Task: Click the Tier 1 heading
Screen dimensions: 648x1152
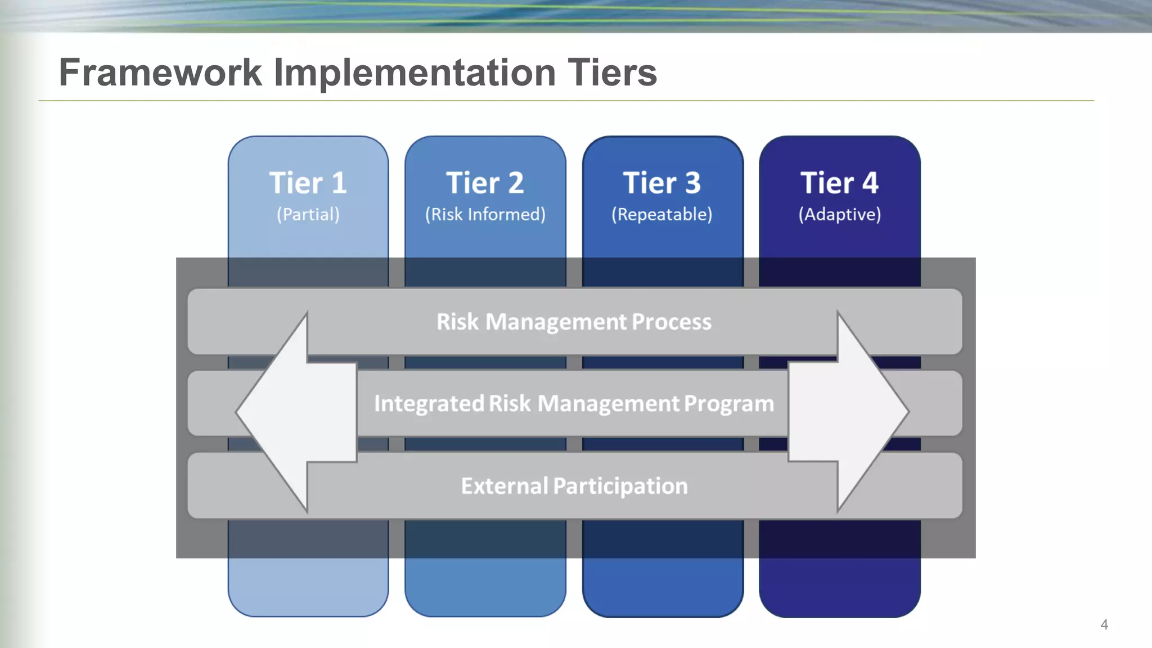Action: point(308,183)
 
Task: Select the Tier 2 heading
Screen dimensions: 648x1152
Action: point(485,183)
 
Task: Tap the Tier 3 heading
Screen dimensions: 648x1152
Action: point(662,183)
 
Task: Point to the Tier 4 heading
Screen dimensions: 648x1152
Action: point(839,183)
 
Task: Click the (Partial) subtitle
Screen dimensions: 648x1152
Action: point(308,214)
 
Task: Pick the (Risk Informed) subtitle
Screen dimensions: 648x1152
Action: point(485,214)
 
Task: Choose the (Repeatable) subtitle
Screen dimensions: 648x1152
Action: point(662,214)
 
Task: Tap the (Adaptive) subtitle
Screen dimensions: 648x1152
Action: point(839,214)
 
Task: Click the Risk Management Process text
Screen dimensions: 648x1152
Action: point(574,322)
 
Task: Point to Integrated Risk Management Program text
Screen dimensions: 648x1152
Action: point(574,403)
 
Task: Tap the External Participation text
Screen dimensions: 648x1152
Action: point(574,486)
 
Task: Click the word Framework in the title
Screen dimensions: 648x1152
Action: point(160,73)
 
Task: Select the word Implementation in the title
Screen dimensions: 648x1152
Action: point(415,73)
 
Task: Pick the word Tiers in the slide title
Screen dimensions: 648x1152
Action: point(612,73)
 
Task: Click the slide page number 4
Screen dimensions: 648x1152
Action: point(1104,624)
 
